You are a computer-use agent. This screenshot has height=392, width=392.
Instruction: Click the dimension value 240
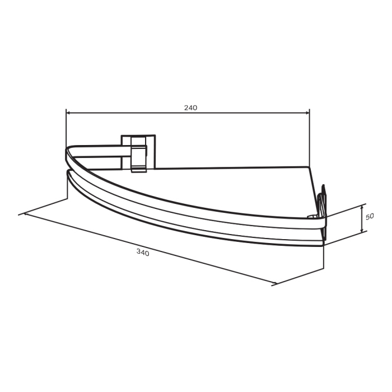(x=191, y=108)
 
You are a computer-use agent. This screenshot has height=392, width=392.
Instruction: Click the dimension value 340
(x=143, y=253)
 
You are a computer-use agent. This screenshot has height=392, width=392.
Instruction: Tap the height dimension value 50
(x=370, y=217)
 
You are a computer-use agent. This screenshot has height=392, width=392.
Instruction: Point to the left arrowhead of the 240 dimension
(x=69, y=113)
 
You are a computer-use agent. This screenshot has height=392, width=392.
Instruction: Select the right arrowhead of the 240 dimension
(x=307, y=113)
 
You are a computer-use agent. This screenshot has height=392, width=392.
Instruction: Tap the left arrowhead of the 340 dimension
(x=27, y=214)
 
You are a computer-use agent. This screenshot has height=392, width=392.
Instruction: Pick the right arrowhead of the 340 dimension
(x=274, y=283)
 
